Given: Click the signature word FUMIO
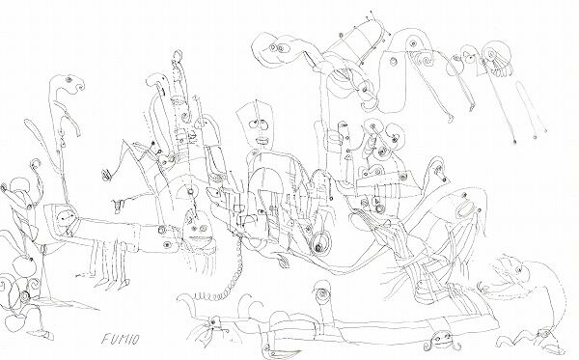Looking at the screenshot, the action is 120,338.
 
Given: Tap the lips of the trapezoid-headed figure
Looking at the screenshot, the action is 262,141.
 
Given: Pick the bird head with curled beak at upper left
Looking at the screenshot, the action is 69,83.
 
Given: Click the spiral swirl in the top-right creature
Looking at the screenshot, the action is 426,59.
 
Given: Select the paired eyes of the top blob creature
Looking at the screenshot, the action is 276,48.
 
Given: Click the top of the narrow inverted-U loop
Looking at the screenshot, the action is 522,83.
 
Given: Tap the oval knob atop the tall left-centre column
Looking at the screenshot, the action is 178,56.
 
